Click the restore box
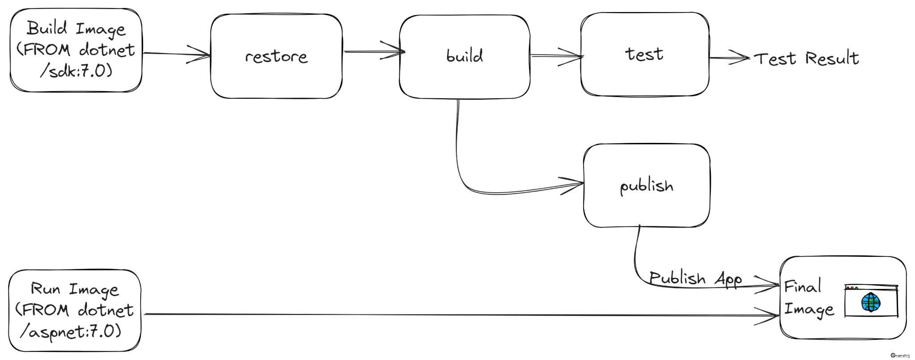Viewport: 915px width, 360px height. (276, 56)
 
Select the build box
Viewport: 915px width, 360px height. (464, 56)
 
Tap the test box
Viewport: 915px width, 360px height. (644, 54)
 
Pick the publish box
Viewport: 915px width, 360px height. (646, 185)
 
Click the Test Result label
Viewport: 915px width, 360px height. (806, 59)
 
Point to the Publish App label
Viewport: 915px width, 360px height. (695, 279)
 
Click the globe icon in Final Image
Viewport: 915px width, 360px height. (870, 302)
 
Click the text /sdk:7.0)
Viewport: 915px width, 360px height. (76, 71)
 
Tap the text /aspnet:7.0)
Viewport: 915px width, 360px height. (71, 332)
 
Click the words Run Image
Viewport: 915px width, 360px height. (75, 289)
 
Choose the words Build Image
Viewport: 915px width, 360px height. (76, 29)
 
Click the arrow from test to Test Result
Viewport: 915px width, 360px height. (728, 58)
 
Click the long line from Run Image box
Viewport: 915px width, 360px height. (447, 315)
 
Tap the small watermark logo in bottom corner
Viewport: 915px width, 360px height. (900, 355)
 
